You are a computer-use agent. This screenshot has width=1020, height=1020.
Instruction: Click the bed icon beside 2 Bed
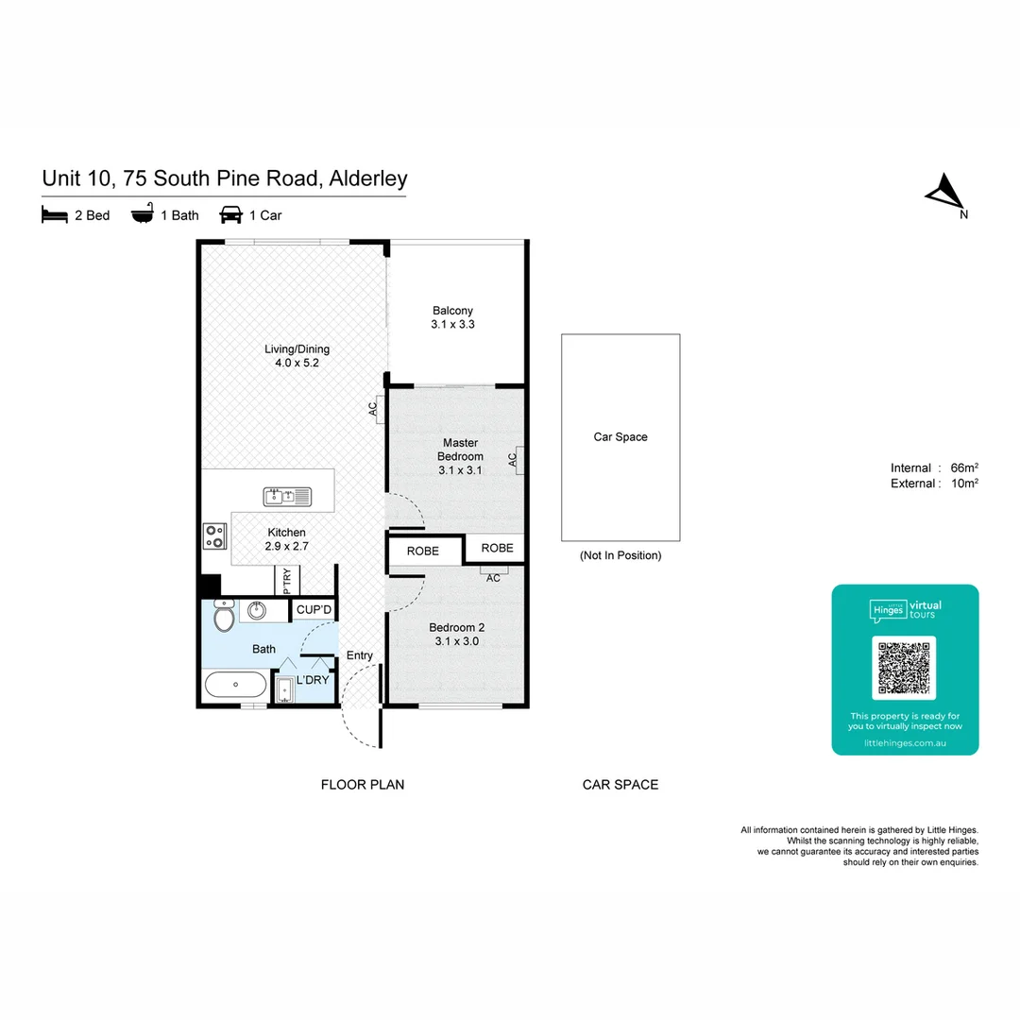[x=55, y=215]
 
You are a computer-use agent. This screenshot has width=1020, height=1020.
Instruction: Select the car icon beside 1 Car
[x=231, y=215]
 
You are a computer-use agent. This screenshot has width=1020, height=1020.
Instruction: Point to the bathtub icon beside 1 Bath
[x=142, y=215]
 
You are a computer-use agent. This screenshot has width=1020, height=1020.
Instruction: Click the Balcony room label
[x=452, y=317]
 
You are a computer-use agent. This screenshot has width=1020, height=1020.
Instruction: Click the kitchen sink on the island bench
[x=287, y=496]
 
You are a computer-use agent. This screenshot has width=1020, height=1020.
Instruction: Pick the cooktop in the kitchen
[x=215, y=536]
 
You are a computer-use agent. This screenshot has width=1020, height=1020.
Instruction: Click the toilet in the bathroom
[x=225, y=618]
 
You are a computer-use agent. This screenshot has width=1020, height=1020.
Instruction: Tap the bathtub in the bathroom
[x=235, y=684]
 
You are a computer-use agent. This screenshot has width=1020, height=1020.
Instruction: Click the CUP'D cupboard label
[x=314, y=610]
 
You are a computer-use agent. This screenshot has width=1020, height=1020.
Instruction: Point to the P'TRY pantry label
[x=286, y=579]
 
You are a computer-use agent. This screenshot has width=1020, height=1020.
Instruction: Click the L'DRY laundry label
[x=313, y=680]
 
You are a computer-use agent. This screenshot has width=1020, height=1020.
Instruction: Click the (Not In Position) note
[x=620, y=555]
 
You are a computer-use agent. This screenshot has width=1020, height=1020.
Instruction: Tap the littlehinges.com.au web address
[x=905, y=743]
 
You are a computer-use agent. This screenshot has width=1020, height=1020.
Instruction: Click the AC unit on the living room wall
[x=378, y=409]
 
